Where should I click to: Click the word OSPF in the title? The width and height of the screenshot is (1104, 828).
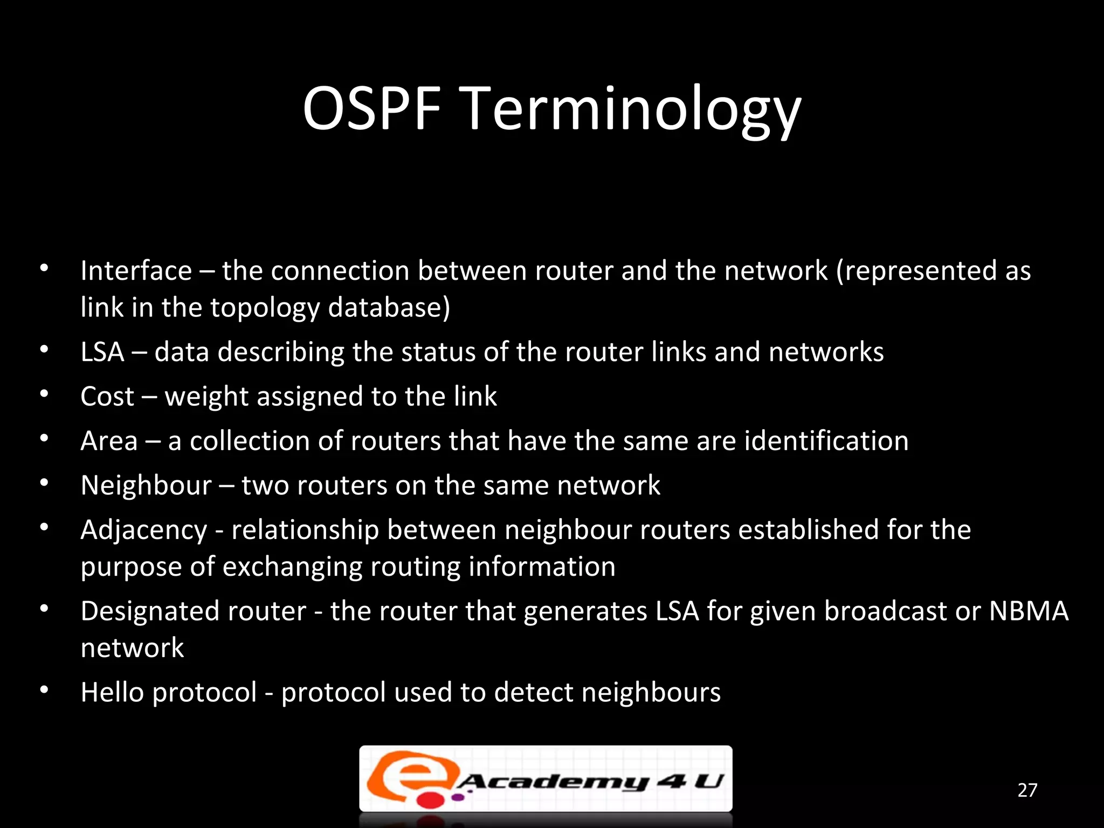click(x=372, y=109)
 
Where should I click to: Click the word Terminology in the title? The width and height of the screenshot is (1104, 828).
click(x=632, y=110)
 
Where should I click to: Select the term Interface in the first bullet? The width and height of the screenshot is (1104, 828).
click(x=136, y=271)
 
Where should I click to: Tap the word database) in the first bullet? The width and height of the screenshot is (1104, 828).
click(x=389, y=307)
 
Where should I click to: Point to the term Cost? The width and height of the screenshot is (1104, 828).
click(x=107, y=397)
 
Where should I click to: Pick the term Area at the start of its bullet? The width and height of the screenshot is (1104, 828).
click(x=109, y=441)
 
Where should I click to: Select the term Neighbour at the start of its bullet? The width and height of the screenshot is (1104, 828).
click(x=146, y=485)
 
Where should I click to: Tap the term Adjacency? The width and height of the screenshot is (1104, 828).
click(x=143, y=530)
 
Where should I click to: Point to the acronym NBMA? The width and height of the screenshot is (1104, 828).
click(x=1029, y=611)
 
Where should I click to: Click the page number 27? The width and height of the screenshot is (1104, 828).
click(x=1027, y=790)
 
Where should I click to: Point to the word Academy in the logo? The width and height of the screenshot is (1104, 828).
click(x=553, y=781)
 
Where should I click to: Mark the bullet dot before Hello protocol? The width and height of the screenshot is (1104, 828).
click(x=44, y=690)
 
